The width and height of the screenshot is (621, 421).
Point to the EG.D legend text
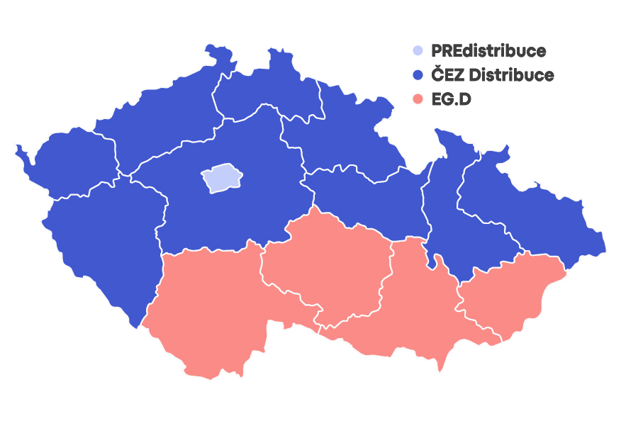[452, 99]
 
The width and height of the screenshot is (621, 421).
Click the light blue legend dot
[418, 50]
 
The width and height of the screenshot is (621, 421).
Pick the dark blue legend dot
[418, 74]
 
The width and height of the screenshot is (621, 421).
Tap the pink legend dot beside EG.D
[418, 99]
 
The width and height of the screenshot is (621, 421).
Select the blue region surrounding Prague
[234, 213]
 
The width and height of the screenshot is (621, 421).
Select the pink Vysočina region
[326, 262]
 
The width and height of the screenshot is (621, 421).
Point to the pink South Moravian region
[411, 312]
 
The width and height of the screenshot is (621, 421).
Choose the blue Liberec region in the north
[262, 85]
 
